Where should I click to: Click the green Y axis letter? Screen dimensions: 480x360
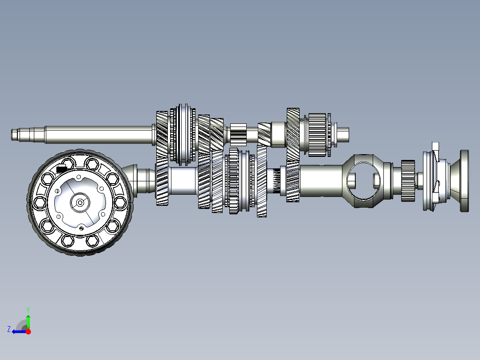28,310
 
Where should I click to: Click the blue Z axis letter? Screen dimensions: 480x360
9,329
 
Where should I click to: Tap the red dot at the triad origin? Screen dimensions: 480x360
28,331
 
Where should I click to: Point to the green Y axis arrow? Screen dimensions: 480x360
28,321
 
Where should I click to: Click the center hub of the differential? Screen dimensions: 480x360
80,203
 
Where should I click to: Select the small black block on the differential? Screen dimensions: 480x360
62,168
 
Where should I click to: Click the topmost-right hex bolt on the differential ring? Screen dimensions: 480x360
112,179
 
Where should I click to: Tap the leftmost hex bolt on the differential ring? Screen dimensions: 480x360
40,203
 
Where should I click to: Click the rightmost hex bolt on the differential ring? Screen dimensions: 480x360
120,203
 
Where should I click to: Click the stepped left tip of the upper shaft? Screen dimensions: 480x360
15,135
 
